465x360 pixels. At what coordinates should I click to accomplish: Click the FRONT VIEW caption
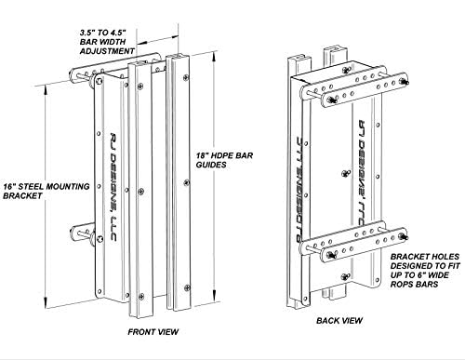(x=153, y=332)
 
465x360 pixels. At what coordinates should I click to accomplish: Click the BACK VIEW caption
(x=339, y=321)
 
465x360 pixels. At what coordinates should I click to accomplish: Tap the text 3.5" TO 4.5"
(x=103, y=33)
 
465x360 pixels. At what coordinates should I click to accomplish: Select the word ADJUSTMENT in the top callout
(x=107, y=51)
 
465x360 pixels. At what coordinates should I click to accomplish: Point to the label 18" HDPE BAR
(x=224, y=155)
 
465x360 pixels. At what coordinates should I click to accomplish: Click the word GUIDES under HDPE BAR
(x=211, y=165)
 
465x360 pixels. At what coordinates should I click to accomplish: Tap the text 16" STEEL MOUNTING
(x=46, y=187)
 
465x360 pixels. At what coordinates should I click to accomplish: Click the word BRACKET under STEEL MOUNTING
(x=22, y=196)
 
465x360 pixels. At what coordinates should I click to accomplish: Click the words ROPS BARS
(x=414, y=285)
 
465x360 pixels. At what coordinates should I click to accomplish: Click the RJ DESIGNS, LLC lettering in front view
(x=113, y=187)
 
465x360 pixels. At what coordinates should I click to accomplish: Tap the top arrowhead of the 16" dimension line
(x=46, y=90)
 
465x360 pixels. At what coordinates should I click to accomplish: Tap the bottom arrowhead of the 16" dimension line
(x=46, y=303)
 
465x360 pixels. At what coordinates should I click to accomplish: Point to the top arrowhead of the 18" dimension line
(x=214, y=58)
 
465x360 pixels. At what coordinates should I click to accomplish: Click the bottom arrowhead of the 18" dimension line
(x=214, y=296)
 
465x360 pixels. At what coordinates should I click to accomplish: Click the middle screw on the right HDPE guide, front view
(x=186, y=182)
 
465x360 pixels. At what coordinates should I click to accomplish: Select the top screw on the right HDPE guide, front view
(x=186, y=77)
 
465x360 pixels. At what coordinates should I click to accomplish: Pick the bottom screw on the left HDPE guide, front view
(x=141, y=297)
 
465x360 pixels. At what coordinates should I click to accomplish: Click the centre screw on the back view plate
(x=346, y=173)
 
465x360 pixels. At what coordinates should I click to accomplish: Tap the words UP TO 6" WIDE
(x=419, y=275)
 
